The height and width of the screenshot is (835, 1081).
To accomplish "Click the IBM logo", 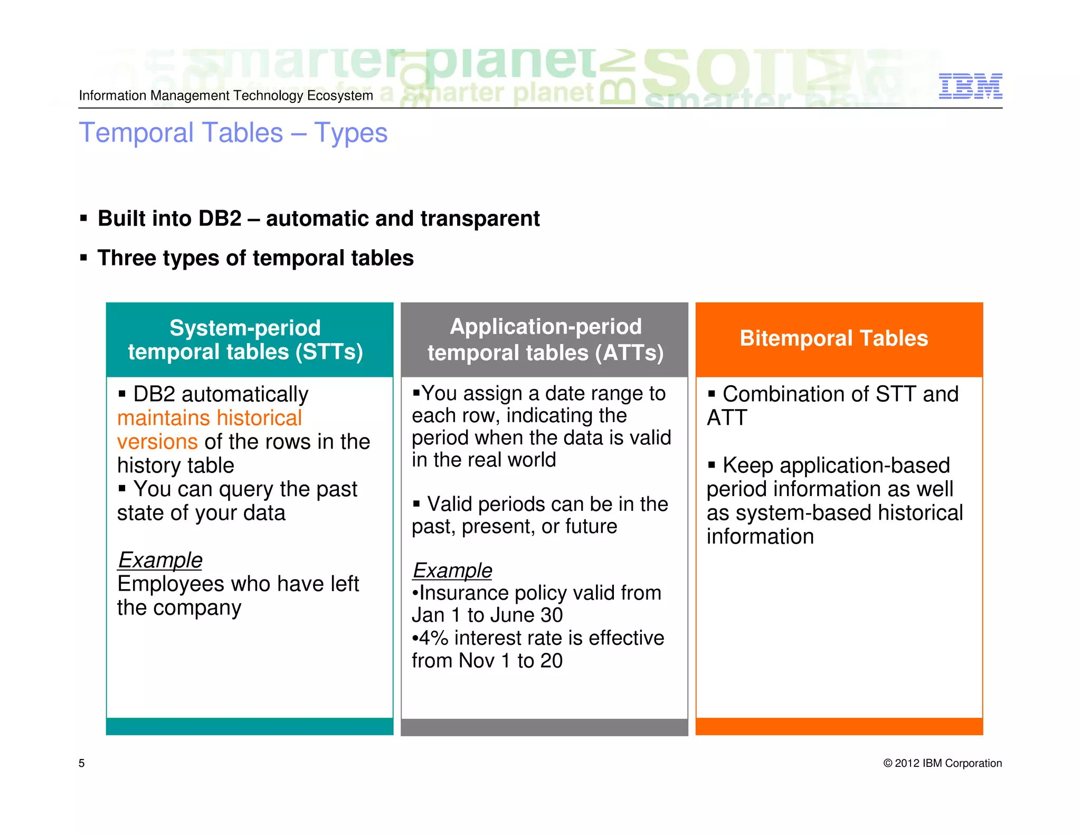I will (970, 86).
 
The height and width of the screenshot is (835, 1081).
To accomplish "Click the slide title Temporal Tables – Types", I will (233, 132).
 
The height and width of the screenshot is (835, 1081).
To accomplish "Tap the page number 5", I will (81, 763).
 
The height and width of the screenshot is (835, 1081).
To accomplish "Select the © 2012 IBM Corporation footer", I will (942, 763).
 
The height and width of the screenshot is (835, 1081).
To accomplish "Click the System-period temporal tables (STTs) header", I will (245, 340).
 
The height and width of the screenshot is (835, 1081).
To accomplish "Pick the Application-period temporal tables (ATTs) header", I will (545, 339).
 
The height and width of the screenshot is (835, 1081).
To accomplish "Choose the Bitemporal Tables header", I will (833, 338).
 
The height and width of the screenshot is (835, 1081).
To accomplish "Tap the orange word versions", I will (157, 442).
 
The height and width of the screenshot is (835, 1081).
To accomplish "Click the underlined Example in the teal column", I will (160, 560).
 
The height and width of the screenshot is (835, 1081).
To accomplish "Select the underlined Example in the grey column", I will (452, 571).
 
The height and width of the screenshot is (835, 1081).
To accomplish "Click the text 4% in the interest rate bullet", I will (433, 638).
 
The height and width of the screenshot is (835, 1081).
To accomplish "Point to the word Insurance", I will (463, 593).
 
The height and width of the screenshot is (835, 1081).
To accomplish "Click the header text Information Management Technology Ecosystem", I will (226, 96).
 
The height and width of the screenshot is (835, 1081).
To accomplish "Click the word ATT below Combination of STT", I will (727, 418).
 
